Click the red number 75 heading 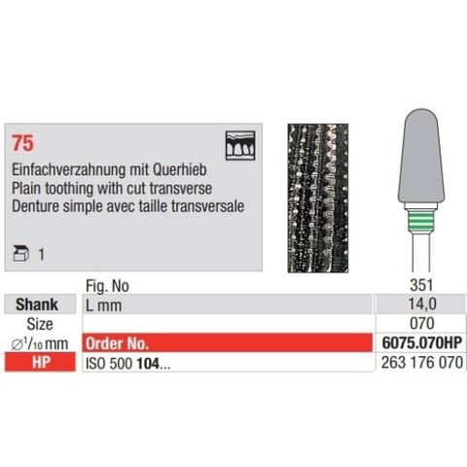click(x=21, y=141)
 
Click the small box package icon click(x=21, y=250)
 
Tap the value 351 click(x=420, y=287)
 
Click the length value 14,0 click(x=420, y=305)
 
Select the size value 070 click(x=420, y=323)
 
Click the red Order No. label click(x=120, y=341)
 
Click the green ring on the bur click(x=422, y=218)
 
